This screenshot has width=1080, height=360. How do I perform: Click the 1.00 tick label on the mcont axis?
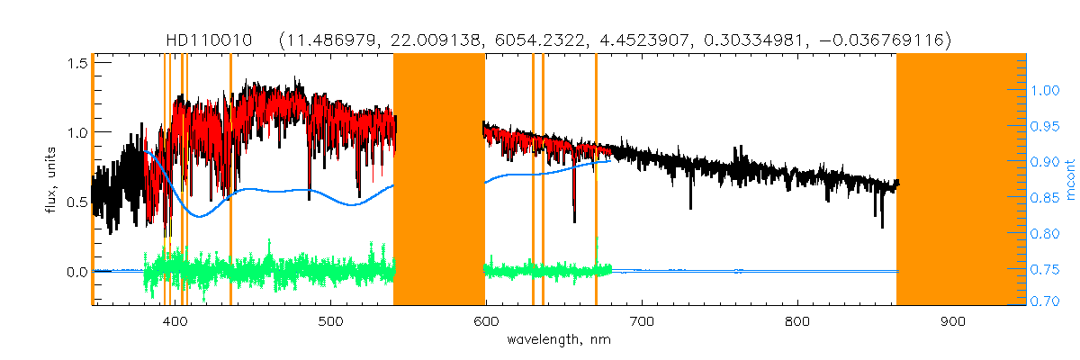[1046, 91]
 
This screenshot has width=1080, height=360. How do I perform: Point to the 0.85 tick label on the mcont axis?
[1046, 198]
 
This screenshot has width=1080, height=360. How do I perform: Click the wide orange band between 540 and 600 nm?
[439, 180]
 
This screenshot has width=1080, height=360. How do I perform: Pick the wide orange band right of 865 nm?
[961, 180]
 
